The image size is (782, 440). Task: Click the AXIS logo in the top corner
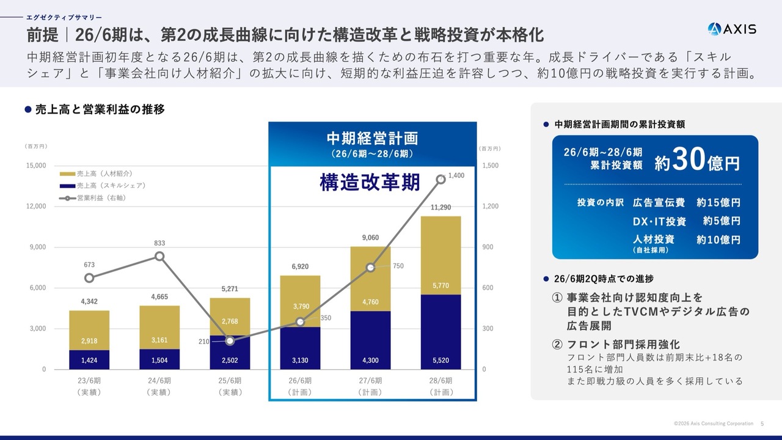(732, 29)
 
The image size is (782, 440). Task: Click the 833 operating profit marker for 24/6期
(159, 256)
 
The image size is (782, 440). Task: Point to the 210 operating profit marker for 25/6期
(230, 341)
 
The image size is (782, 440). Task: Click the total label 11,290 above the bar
(440, 208)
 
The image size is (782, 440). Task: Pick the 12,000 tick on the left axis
(35, 207)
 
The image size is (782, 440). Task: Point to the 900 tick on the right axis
(490, 247)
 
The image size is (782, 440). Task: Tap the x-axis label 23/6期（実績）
(89, 386)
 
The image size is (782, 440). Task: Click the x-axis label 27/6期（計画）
(370, 386)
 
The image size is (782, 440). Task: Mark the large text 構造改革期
(370, 183)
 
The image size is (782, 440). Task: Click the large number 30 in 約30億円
(689, 161)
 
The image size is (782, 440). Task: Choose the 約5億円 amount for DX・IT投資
(721, 221)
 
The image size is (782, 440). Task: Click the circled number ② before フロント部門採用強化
(557, 345)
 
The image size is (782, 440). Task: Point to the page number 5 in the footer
(762, 424)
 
